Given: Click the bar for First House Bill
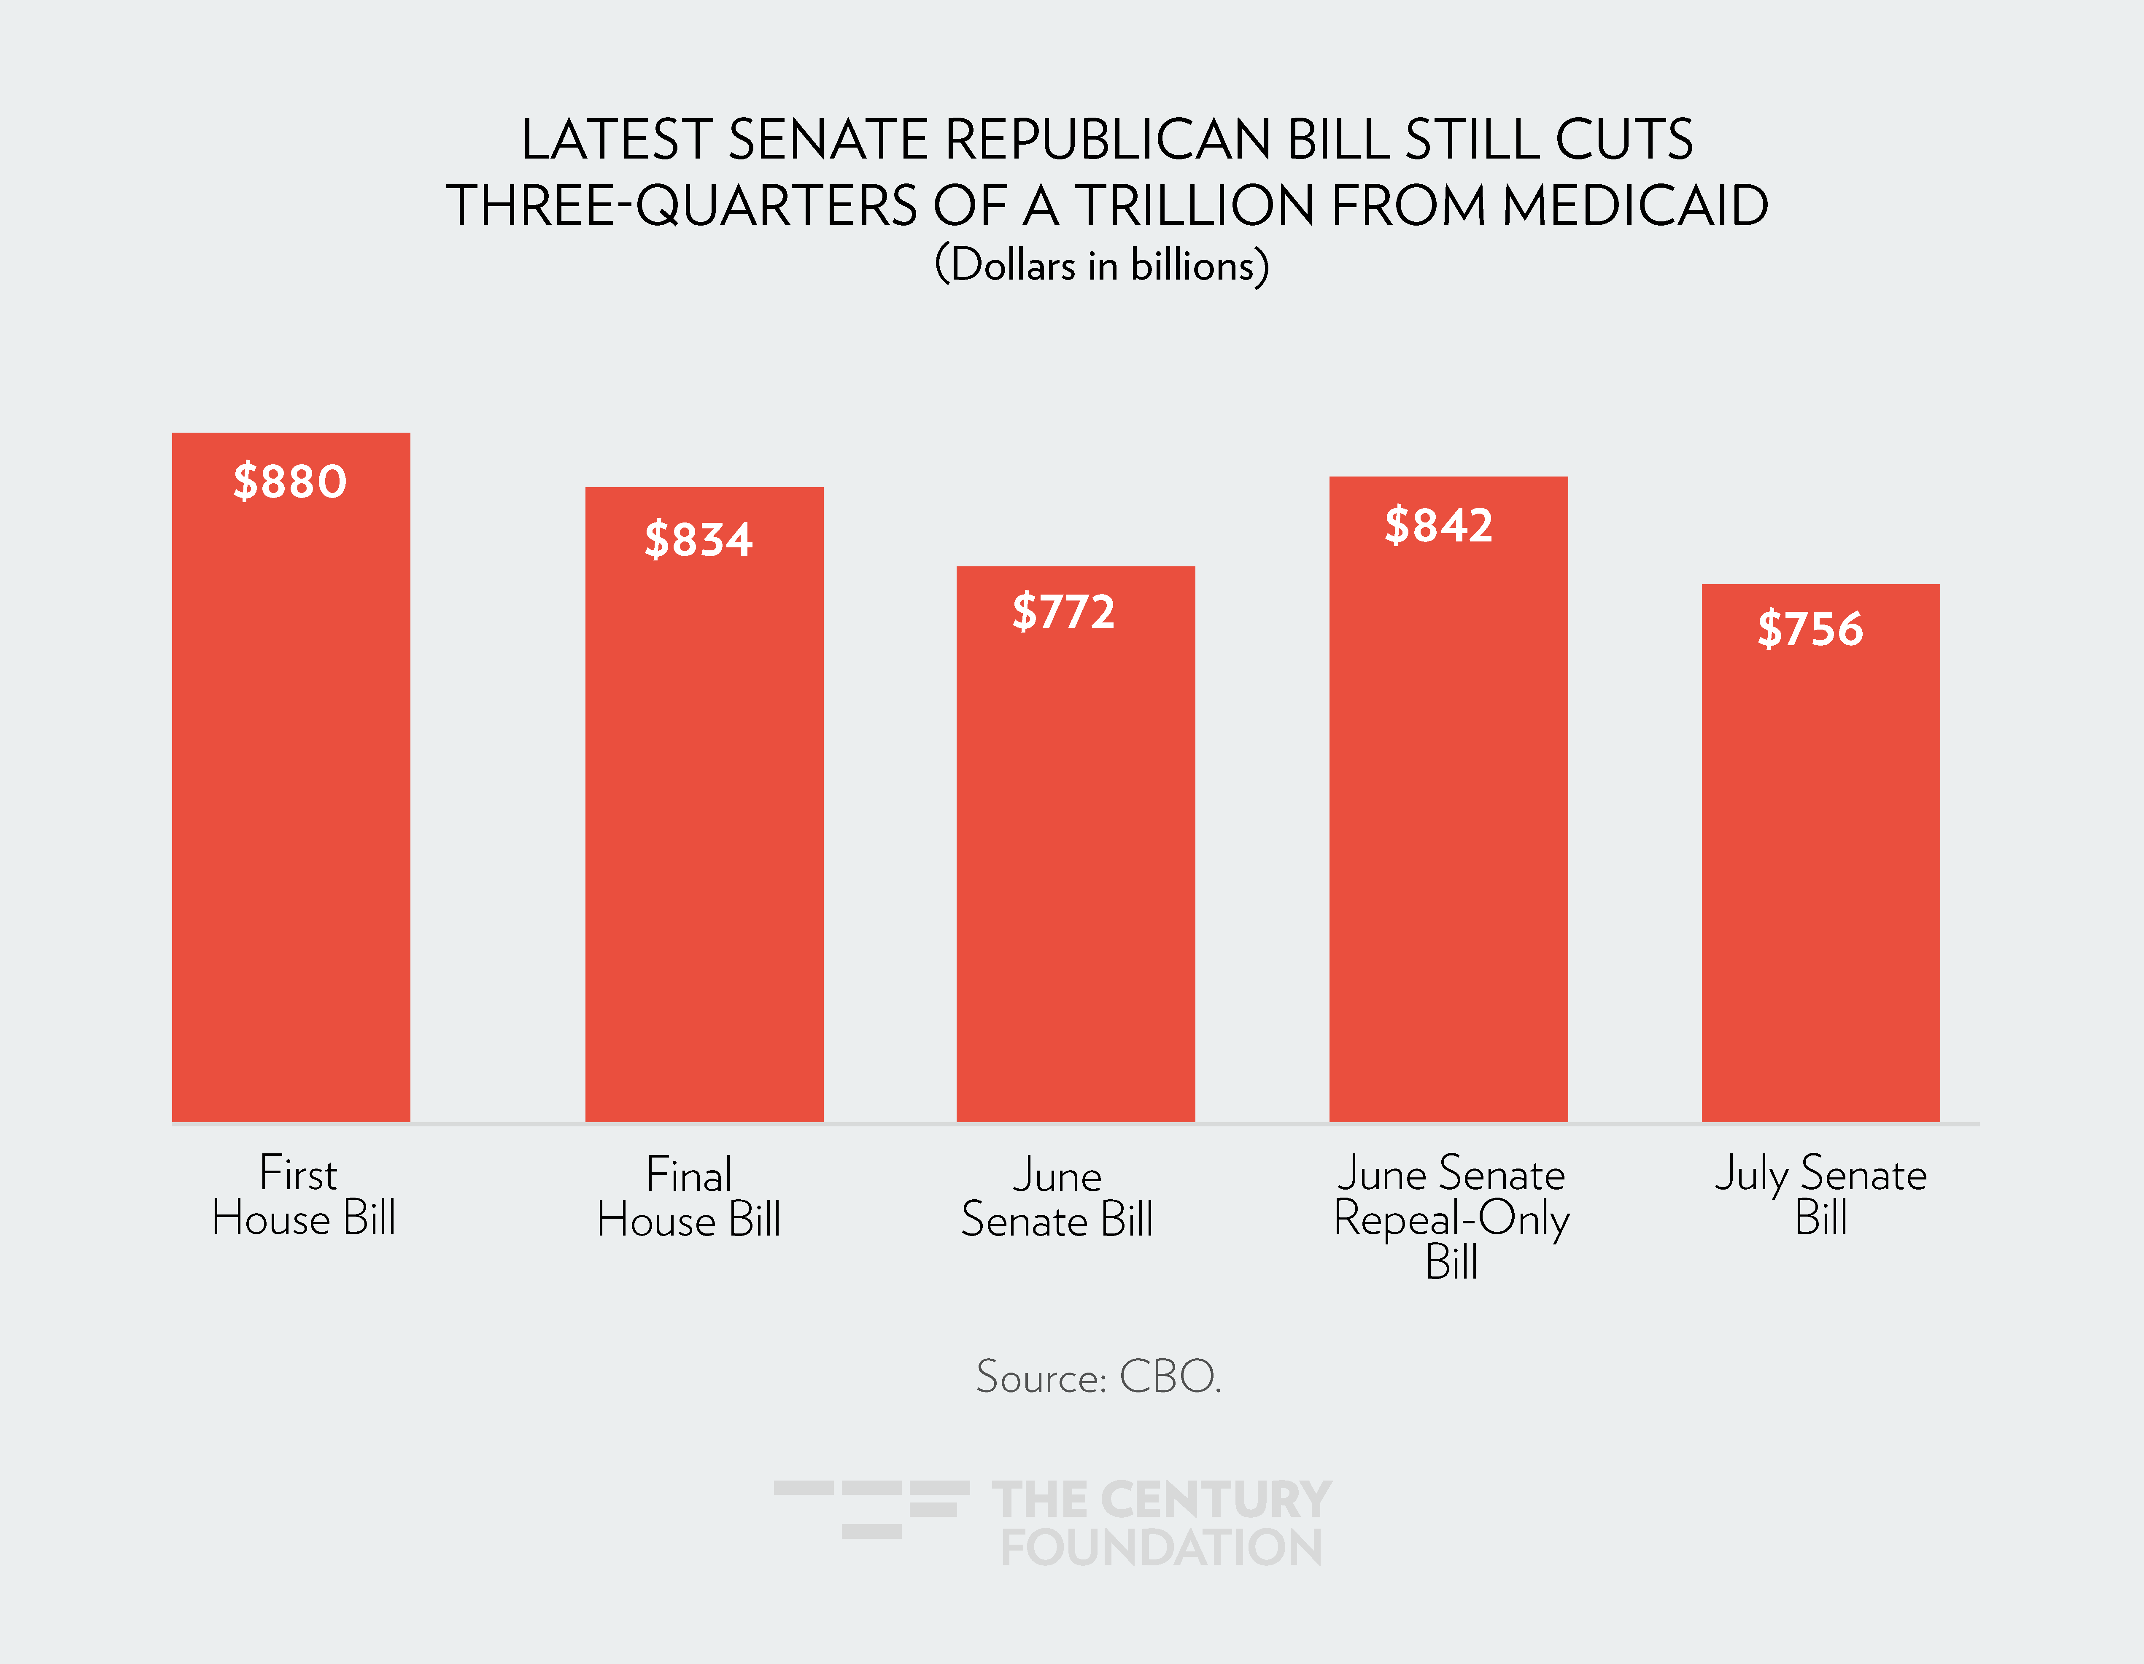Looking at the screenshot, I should click(x=291, y=805).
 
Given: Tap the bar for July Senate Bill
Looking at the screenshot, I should click(x=1820, y=874).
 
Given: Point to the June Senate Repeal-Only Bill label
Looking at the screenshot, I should click(x=1451, y=1217).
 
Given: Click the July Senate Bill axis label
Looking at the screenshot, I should click(x=1821, y=1196).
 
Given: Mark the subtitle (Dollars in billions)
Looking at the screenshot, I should click(x=1101, y=265).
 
